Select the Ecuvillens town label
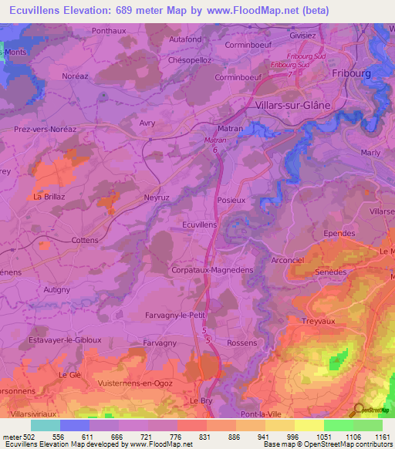click(x=198, y=223)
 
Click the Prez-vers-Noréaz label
click(x=43, y=131)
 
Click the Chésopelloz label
click(x=189, y=59)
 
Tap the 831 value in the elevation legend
click(x=205, y=437)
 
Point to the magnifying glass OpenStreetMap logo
click(x=357, y=410)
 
